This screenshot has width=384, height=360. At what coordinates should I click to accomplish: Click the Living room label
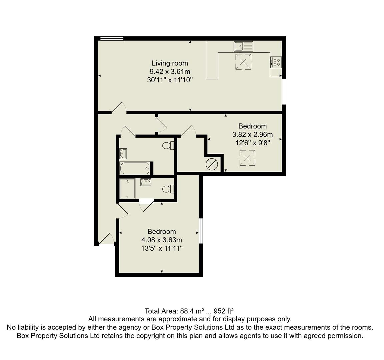170,63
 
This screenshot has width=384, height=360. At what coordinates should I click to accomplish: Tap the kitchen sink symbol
243,46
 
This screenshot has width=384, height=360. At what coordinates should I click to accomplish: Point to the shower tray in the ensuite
127,189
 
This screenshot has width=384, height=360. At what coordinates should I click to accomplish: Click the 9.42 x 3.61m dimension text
170,71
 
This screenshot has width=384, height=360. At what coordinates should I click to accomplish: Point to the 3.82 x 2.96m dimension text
252,135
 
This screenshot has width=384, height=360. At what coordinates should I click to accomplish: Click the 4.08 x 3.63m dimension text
162,240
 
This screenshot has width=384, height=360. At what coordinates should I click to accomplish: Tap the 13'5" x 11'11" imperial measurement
162,248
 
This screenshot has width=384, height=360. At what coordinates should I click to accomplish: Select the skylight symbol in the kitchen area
243,62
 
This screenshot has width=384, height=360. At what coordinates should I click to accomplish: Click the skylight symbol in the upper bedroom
247,158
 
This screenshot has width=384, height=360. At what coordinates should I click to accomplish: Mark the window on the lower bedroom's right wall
201,231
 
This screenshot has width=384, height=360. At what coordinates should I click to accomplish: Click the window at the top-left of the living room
112,39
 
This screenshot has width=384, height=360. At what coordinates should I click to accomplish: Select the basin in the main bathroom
123,154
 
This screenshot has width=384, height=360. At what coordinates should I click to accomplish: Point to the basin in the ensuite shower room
146,182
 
